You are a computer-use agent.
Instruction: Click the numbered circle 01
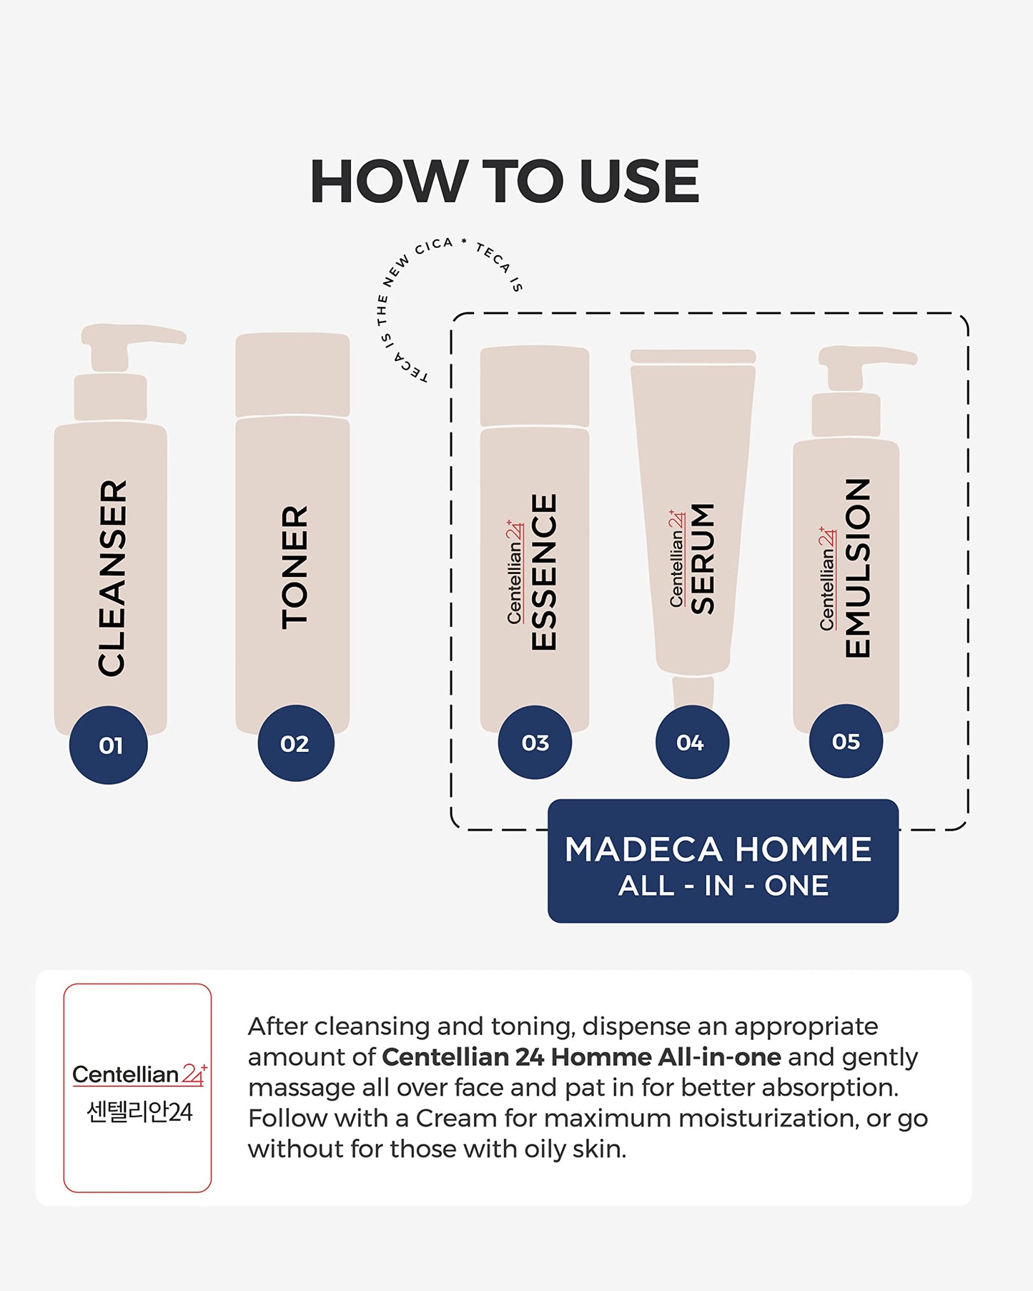pyautogui.click(x=108, y=745)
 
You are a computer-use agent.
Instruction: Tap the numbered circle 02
pyautogui.click(x=295, y=743)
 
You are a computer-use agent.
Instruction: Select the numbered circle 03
pyautogui.click(x=535, y=742)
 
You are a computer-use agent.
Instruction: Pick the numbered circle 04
pyautogui.click(x=692, y=742)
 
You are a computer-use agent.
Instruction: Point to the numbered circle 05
pyautogui.click(x=846, y=741)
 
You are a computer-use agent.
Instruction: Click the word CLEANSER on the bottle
pyautogui.click(x=112, y=578)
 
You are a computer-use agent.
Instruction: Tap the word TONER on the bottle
pyautogui.click(x=294, y=568)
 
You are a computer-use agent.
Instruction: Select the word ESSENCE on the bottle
pyautogui.click(x=543, y=572)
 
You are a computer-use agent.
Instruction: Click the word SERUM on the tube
pyautogui.click(x=703, y=558)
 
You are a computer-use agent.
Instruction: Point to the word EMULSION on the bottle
pyautogui.click(x=857, y=568)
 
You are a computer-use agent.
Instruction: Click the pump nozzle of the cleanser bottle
pyautogui.click(x=133, y=335)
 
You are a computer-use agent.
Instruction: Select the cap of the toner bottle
pyautogui.click(x=292, y=375)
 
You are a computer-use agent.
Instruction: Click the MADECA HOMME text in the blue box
pyautogui.click(x=718, y=849)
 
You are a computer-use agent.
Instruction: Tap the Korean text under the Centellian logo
pyautogui.click(x=139, y=1112)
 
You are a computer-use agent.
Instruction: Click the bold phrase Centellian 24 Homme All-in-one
pyautogui.click(x=581, y=1057)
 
